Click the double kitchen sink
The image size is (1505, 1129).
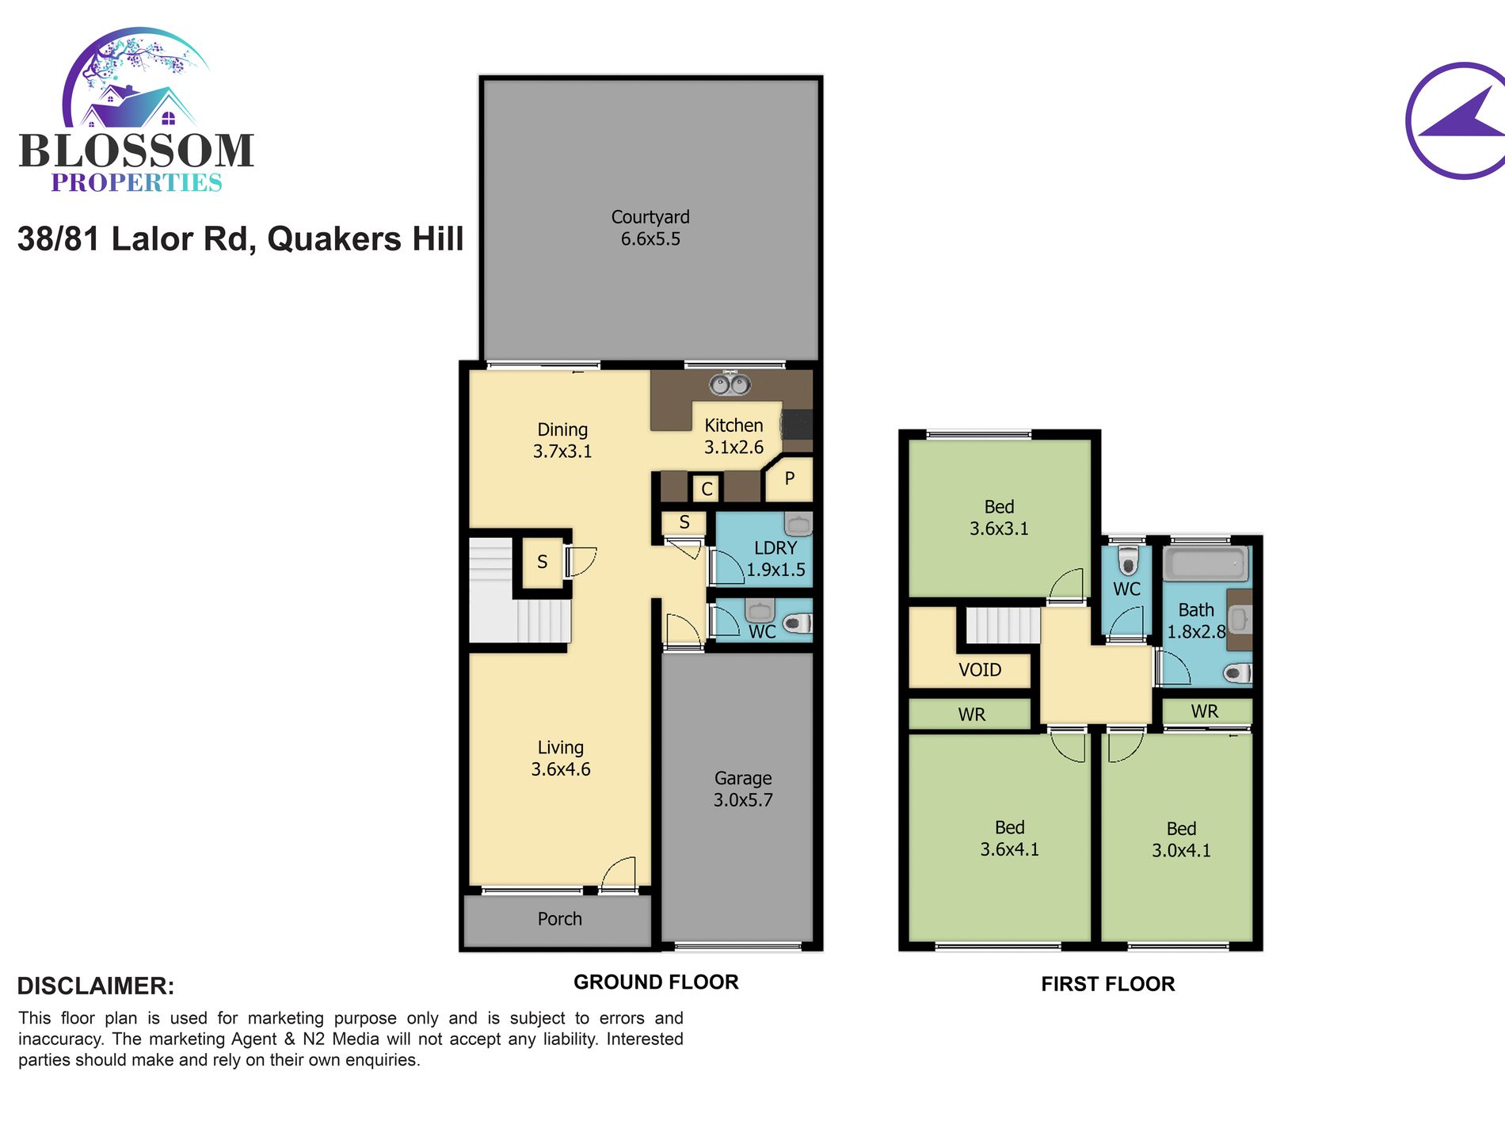(730, 384)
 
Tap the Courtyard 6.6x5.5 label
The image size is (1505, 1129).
(650, 228)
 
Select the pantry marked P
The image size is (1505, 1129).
(789, 479)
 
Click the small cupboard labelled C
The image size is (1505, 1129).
(707, 489)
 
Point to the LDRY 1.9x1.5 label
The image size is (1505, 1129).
(775, 559)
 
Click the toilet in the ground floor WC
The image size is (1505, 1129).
(798, 623)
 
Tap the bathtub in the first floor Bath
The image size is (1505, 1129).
(1206, 565)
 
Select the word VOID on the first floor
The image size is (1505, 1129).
(980, 669)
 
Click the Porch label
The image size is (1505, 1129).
(559, 919)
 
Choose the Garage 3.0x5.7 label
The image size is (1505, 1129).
(743, 789)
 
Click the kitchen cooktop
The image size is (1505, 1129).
(798, 425)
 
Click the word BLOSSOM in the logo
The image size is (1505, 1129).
(136, 151)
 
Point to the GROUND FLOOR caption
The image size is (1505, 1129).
(656, 982)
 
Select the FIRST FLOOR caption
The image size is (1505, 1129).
(1108, 984)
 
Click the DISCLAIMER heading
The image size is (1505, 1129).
(96, 986)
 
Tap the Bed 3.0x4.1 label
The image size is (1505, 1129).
(1181, 840)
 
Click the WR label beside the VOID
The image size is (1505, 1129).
(972, 715)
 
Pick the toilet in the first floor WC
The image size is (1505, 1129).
(1127, 560)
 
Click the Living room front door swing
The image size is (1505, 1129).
(619, 874)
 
